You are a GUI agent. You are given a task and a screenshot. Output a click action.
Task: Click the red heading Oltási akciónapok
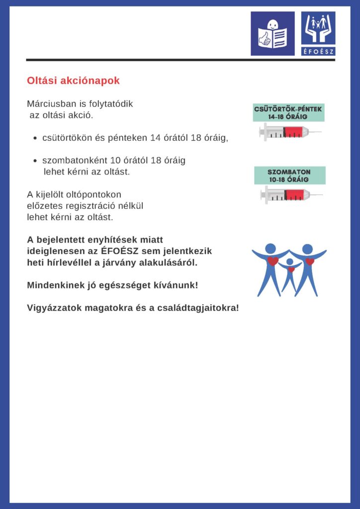[x=73, y=81]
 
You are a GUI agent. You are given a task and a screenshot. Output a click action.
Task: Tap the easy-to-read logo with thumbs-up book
[x=272, y=34]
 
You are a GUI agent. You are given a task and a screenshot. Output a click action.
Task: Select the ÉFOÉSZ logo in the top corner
[x=318, y=34]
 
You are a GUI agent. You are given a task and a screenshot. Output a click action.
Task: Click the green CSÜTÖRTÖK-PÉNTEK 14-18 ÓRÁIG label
[x=288, y=113]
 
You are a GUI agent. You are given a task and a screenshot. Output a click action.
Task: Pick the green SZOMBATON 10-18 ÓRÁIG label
[x=289, y=175]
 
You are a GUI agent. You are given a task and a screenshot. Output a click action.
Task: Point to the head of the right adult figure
[x=308, y=249]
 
